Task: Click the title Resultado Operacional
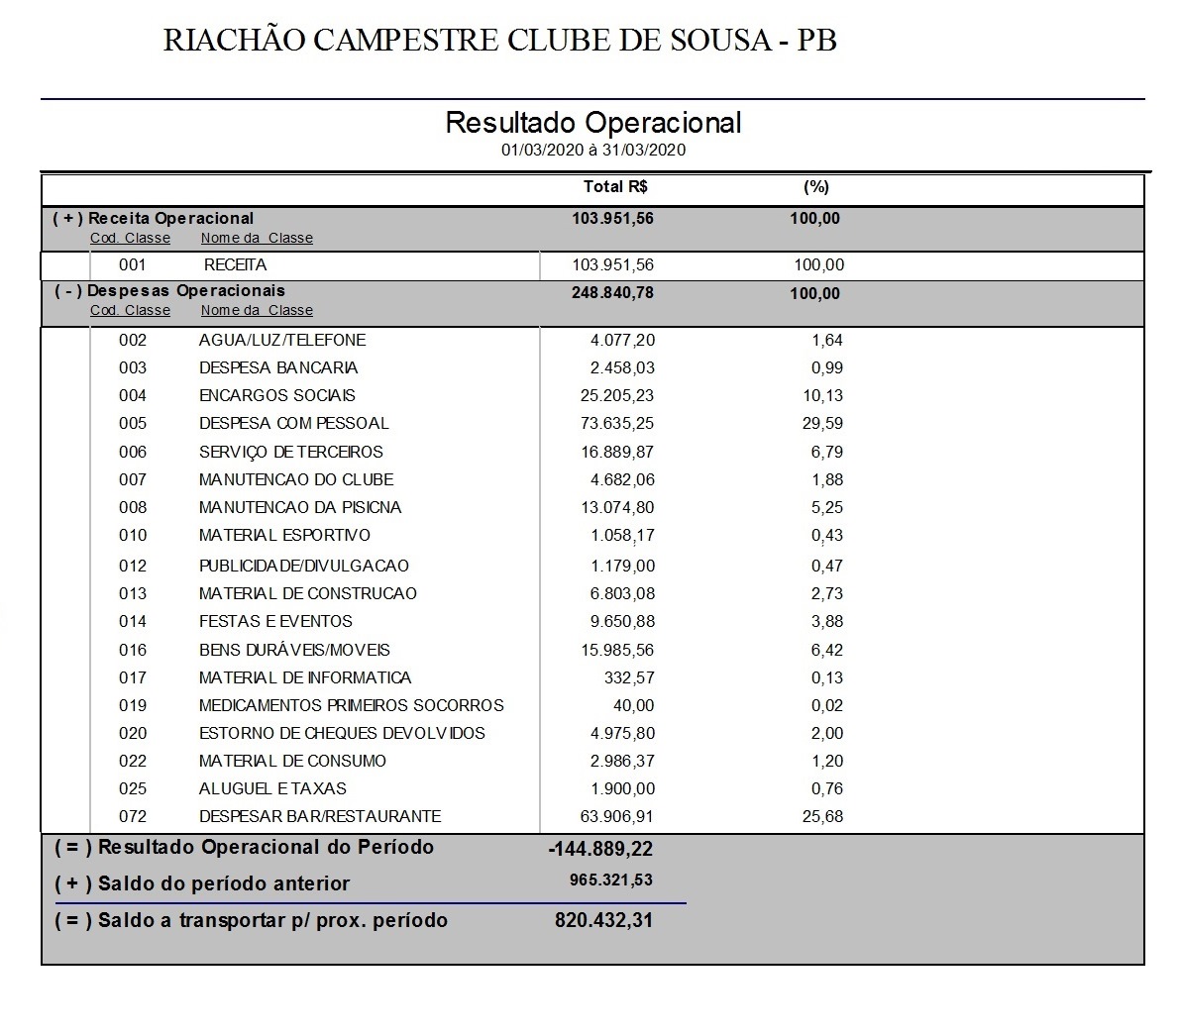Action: click(x=592, y=123)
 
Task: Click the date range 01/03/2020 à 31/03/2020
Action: click(x=592, y=150)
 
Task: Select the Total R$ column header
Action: click(x=615, y=186)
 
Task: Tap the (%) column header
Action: click(x=815, y=186)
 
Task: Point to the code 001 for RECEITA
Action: click(x=132, y=264)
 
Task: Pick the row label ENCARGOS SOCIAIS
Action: click(x=276, y=395)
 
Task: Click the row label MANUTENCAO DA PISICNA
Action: click(x=300, y=507)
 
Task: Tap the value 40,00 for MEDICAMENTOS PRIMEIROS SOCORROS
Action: click(x=633, y=705)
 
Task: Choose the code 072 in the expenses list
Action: click(x=132, y=816)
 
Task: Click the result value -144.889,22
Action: click(x=600, y=849)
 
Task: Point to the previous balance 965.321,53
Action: click(x=610, y=880)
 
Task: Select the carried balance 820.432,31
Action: click(x=603, y=920)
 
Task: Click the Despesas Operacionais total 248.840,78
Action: click(x=612, y=292)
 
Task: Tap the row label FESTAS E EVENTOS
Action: click(x=275, y=621)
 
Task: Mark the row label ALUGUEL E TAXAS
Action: click(x=272, y=788)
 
